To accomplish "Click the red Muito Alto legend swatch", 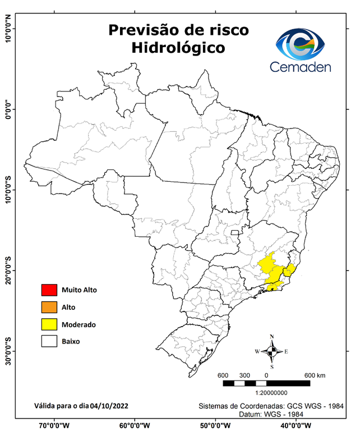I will tap(49, 290).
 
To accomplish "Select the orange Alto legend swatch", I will tap(49, 307).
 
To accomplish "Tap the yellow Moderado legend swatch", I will tap(49, 324).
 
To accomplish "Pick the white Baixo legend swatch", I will tap(49, 341).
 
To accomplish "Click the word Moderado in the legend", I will tap(79, 324).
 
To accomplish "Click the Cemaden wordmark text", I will tap(301, 67).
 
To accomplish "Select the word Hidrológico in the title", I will tap(178, 48).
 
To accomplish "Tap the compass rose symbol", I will tap(271, 352).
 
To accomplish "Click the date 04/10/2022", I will tap(112, 405).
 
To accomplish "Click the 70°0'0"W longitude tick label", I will tap(54, 425).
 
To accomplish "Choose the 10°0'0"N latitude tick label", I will tap(8, 29).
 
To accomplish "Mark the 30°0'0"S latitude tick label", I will tap(8, 351).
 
